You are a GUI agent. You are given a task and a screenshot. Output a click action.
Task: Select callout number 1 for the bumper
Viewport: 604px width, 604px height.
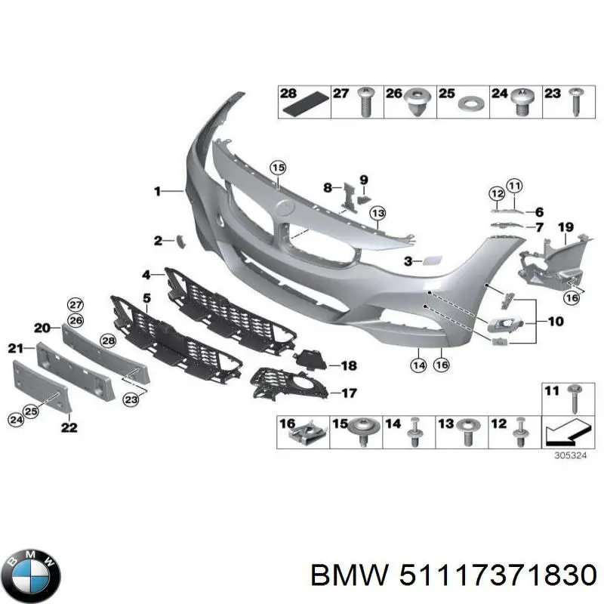(x=157, y=192)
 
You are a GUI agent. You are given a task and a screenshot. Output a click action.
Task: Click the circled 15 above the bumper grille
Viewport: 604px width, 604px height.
(x=279, y=168)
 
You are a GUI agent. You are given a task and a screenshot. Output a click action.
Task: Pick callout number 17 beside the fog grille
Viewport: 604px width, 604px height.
(x=349, y=393)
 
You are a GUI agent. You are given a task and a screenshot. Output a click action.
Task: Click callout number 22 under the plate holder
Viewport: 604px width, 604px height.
(x=69, y=427)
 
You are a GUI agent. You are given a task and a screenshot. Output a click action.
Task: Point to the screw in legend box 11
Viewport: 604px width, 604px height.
(x=574, y=398)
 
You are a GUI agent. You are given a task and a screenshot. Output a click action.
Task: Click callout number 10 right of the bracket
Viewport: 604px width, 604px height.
(x=556, y=322)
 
